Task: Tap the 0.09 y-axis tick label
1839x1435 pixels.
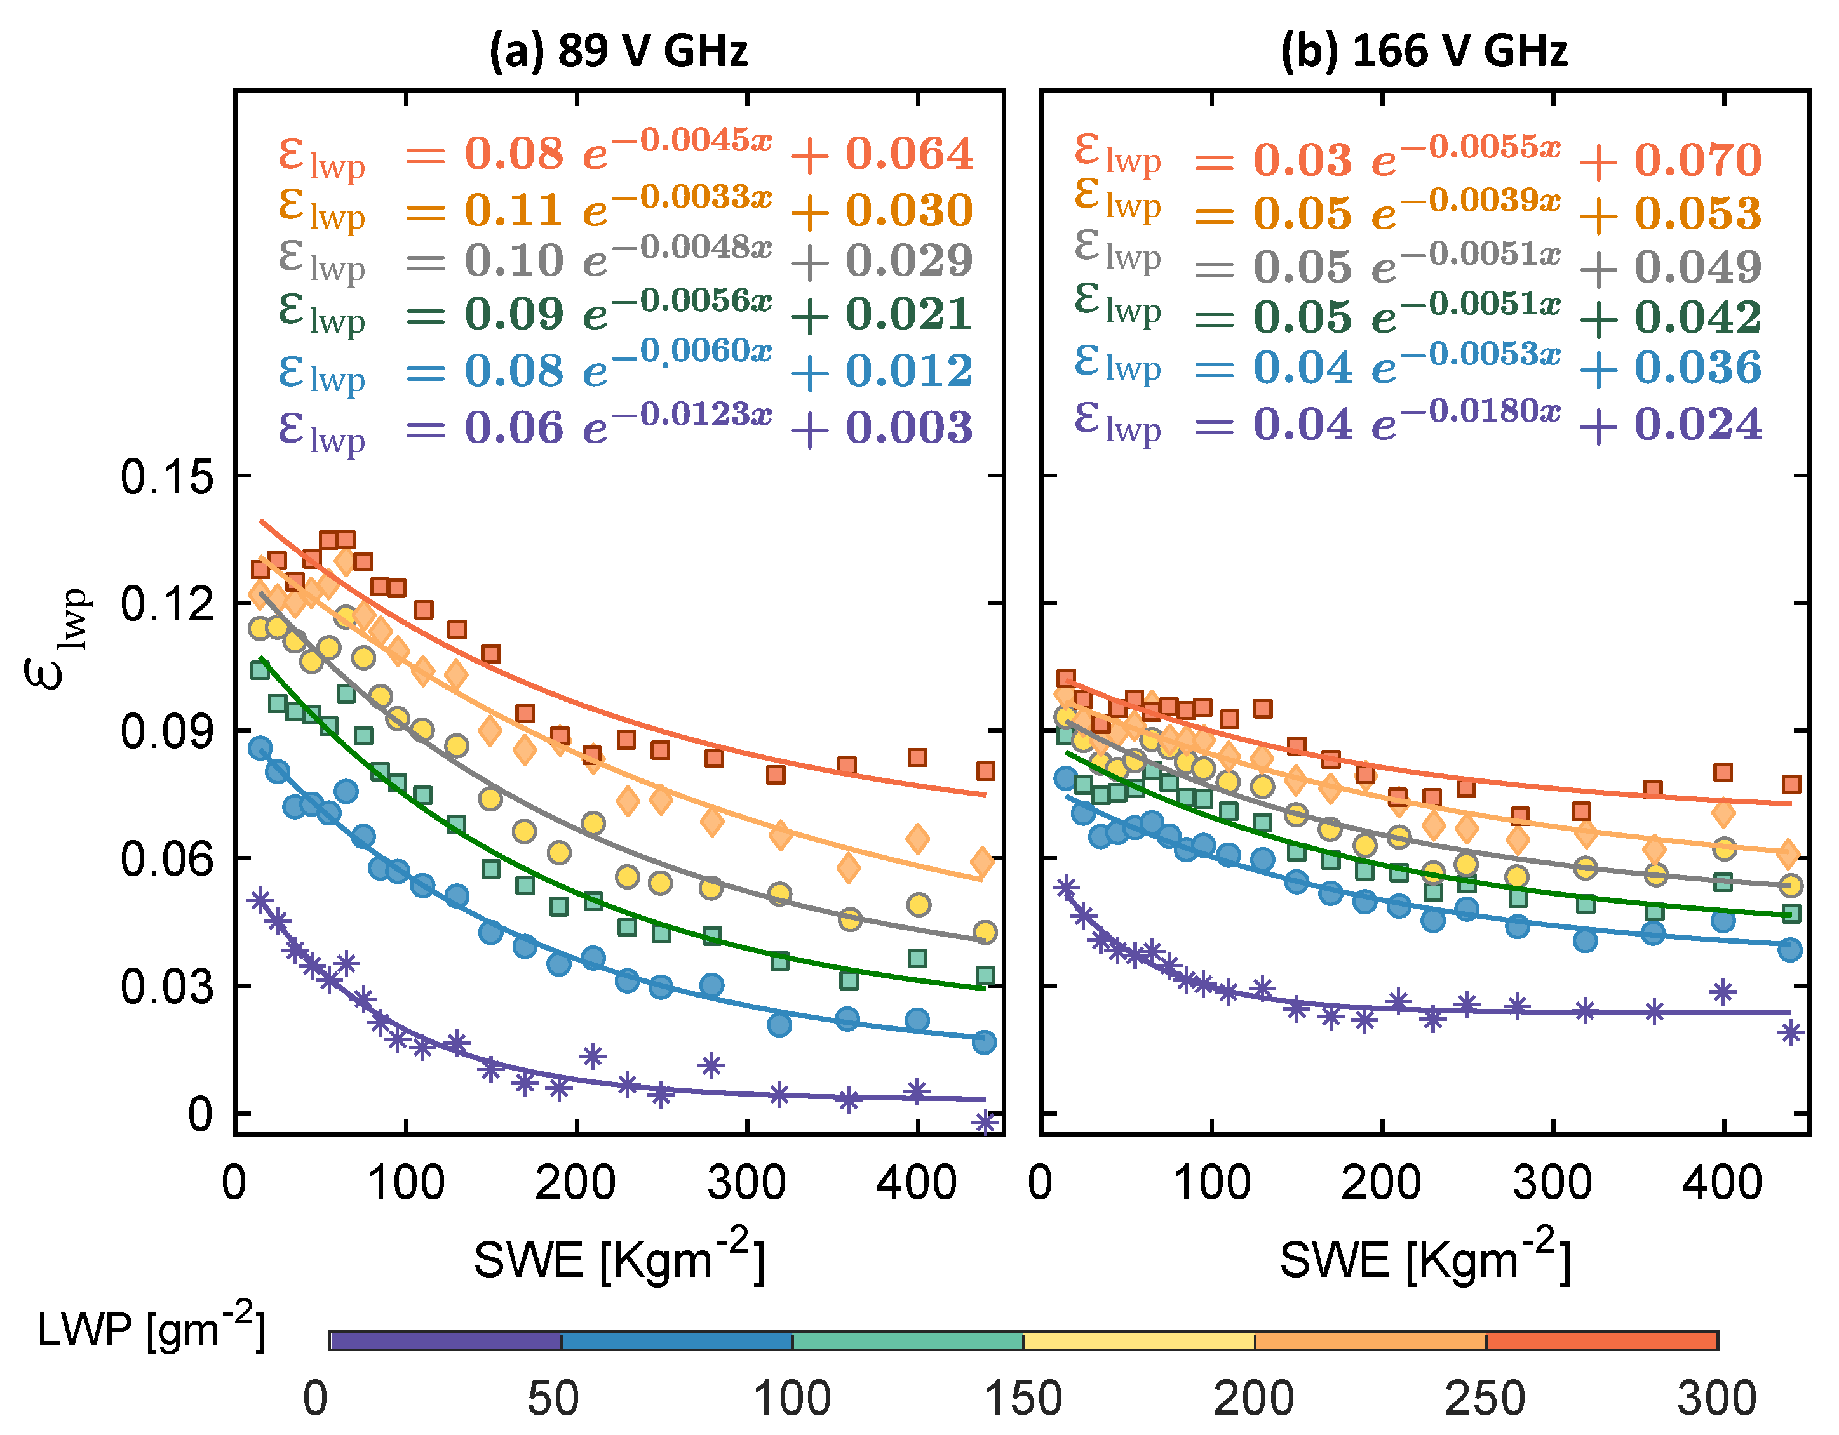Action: tap(166, 731)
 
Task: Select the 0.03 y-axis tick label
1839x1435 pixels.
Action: tap(166, 987)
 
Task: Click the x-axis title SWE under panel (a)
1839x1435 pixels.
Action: tap(618, 1259)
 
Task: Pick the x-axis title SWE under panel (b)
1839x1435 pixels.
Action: tap(1425, 1259)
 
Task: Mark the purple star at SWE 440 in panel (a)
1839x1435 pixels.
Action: tap(985, 1122)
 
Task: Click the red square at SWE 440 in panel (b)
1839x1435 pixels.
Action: tap(1791, 784)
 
